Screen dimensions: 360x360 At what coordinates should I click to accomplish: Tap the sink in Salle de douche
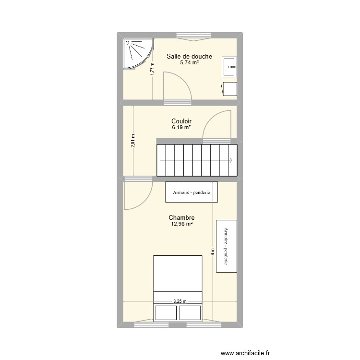(230, 67)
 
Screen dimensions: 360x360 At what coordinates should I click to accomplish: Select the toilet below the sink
(229, 89)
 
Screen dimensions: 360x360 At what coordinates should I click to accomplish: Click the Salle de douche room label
(189, 57)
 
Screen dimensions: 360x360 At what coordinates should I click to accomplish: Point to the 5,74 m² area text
(189, 63)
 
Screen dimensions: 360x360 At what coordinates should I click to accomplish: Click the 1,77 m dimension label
(152, 70)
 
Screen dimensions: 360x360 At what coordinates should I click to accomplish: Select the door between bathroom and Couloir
(177, 88)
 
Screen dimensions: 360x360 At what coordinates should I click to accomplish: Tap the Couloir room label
(181, 122)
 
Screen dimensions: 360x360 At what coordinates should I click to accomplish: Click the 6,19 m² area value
(181, 128)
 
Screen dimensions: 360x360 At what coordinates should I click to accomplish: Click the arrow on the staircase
(231, 160)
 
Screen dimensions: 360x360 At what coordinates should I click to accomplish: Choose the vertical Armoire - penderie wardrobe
(227, 246)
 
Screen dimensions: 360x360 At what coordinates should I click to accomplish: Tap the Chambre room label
(181, 218)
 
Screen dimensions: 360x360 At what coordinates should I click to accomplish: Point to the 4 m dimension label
(212, 252)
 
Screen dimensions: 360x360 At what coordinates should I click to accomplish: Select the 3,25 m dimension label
(180, 301)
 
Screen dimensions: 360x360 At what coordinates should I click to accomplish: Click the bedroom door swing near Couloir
(136, 195)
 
